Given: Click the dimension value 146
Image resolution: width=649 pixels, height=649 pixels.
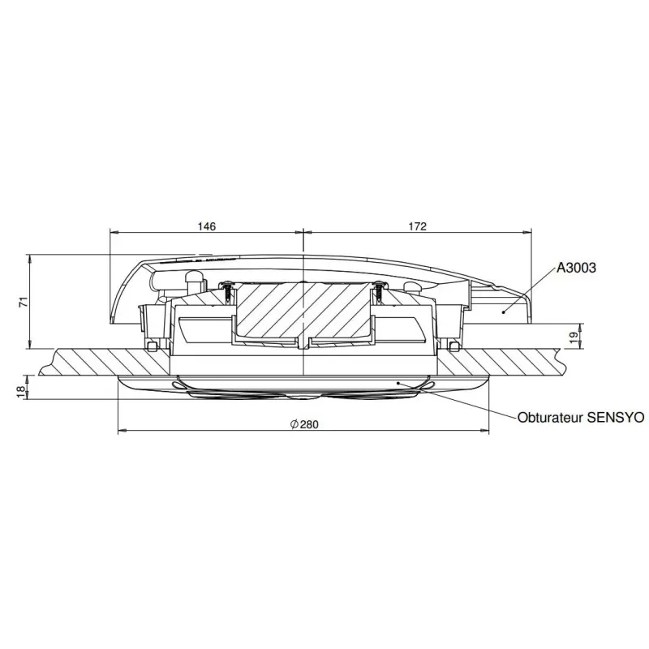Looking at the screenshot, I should (207, 226).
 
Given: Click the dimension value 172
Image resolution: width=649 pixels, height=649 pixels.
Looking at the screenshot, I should (416, 226).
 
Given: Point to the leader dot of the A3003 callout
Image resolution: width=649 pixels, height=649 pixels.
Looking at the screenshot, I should (503, 310).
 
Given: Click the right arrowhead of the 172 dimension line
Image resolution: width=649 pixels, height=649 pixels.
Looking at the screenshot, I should (528, 233).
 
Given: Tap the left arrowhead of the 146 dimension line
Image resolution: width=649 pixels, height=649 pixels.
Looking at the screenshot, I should (113, 233).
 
